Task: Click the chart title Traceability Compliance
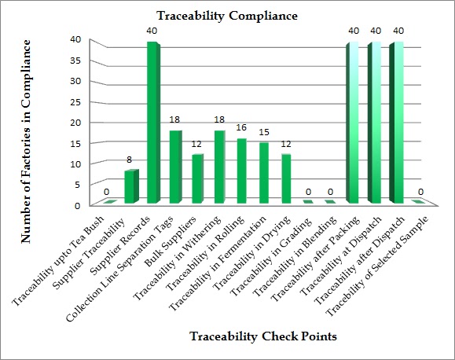226,15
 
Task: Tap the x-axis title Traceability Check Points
264,336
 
